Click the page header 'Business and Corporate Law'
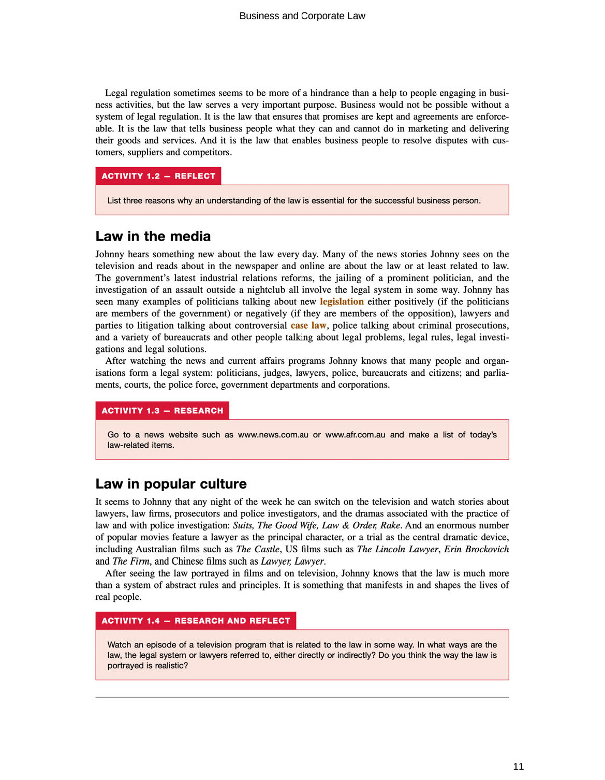pyautogui.click(x=302, y=16)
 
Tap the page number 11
pyautogui.click(x=518, y=767)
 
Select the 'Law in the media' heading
pyautogui.click(x=153, y=237)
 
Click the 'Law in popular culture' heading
pyautogui.click(x=171, y=484)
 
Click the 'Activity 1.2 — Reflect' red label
pyautogui.click(x=158, y=176)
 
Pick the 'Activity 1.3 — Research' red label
pyautogui.click(x=162, y=410)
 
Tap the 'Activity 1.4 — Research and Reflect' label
pyautogui.click(x=196, y=621)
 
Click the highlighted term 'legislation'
pyautogui.click(x=342, y=302)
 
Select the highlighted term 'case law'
pyautogui.click(x=308, y=326)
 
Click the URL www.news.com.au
pyautogui.click(x=273, y=435)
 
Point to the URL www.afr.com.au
pyautogui.click(x=355, y=435)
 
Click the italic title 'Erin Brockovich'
pyautogui.click(x=476, y=549)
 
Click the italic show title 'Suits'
pyautogui.click(x=242, y=525)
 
